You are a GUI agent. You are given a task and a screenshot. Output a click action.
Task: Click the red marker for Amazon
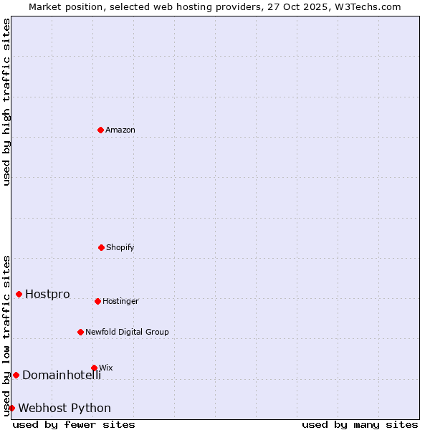(101, 130)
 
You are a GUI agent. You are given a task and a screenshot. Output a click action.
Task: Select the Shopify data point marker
(101, 247)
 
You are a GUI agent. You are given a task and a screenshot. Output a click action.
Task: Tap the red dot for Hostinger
(97, 301)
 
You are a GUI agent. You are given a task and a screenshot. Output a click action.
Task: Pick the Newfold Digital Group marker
(81, 332)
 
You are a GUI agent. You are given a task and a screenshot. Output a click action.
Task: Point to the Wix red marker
(94, 368)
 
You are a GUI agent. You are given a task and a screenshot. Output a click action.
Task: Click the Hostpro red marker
(19, 294)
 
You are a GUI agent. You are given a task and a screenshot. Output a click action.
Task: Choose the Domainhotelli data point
(16, 375)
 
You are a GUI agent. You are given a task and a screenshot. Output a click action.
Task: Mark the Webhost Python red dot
(11, 408)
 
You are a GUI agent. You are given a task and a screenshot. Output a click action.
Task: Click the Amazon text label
(120, 130)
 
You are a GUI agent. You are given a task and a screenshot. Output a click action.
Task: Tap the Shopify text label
(120, 247)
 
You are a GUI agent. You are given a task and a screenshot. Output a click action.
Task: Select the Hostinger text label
(120, 301)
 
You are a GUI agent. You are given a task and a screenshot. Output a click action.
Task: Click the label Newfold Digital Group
(127, 332)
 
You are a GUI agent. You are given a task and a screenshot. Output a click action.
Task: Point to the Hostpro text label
(47, 294)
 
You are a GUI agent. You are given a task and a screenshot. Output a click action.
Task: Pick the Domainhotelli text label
(62, 375)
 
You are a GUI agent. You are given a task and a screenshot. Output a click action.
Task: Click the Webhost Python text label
(64, 408)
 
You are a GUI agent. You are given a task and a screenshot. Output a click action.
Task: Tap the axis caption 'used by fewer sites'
(74, 424)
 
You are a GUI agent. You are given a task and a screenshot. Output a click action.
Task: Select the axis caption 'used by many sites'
(360, 424)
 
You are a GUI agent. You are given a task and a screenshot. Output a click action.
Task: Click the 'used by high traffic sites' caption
(6, 102)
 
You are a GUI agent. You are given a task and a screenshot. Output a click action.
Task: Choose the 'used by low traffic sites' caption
(6, 335)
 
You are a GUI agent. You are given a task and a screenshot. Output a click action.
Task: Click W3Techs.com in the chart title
(367, 6)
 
